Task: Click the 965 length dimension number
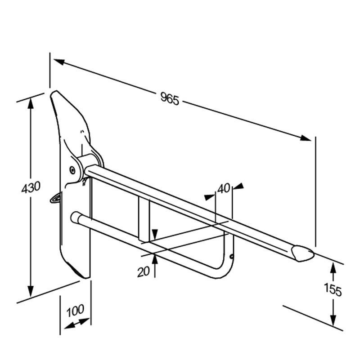pyautogui.click(x=170, y=99)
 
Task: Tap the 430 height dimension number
pyautogui.click(x=31, y=187)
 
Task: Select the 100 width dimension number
pyautogui.click(x=75, y=311)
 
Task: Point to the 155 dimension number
pyautogui.click(x=333, y=290)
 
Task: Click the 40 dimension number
pyautogui.click(x=224, y=189)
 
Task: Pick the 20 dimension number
pyautogui.click(x=144, y=272)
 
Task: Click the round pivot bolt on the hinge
pyautogui.click(x=72, y=170)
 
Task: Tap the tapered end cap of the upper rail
pyautogui.click(x=303, y=253)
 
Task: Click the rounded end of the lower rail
pyautogui.click(x=75, y=217)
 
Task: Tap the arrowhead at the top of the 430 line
pyautogui.click(x=31, y=102)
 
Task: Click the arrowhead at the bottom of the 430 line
pyautogui.click(x=31, y=291)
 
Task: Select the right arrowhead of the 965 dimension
pyautogui.click(x=306, y=138)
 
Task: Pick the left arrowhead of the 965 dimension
pyautogui.click(x=59, y=62)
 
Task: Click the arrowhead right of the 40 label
pyautogui.click(x=238, y=186)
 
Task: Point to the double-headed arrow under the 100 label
pyautogui.click(x=77, y=323)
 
